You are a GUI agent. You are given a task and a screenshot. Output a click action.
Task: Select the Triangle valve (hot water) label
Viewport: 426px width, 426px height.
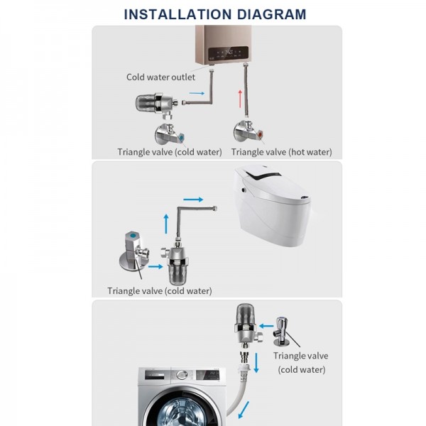coord(281,152)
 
